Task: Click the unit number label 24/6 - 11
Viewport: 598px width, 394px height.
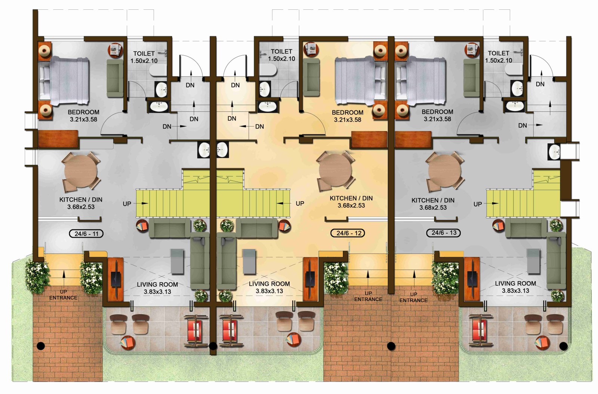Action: click(x=86, y=234)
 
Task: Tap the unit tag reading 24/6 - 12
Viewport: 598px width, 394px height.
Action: click(x=348, y=233)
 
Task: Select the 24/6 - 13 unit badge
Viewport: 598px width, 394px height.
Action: click(x=443, y=233)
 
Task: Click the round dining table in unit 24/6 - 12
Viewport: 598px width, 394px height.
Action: click(x=336, y=171)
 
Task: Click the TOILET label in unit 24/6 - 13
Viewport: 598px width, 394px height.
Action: click(x=498, y=53)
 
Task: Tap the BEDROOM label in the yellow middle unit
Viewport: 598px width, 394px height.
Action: click(x=347, y=112)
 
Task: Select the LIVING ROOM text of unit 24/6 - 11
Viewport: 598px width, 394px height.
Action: click(x=157, y=285)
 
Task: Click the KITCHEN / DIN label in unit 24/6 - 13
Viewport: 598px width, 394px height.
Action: click(x=433, y=200)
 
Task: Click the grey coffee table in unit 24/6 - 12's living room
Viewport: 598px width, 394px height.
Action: click(x=249, y=261)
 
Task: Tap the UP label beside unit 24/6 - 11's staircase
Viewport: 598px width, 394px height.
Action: click(x=127, y=204)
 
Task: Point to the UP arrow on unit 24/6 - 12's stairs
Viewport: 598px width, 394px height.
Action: click(x=283, y=203)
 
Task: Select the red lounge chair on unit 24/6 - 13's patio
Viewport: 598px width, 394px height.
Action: click(x=479, y=331)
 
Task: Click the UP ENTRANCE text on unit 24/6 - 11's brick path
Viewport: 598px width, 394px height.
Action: click(x=63, y=295)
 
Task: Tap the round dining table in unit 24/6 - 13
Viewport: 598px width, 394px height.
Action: click(x=444, y=171)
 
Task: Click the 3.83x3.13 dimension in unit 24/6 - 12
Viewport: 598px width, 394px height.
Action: click(x=269, y=291)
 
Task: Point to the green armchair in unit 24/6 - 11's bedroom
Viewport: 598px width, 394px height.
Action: click(x=115, y=78)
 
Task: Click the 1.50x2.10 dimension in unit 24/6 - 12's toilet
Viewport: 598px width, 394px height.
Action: click(x=281, y=59)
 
